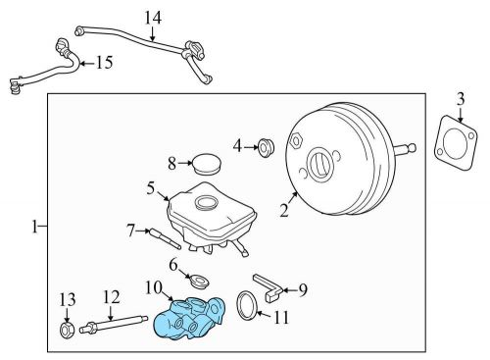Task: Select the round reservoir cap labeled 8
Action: [205, 163]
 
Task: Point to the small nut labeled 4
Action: [264, 148]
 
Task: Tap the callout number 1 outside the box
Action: [34, 227]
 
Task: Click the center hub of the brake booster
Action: [320, 162]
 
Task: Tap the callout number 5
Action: [151, 185]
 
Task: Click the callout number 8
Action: [171, 164]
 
